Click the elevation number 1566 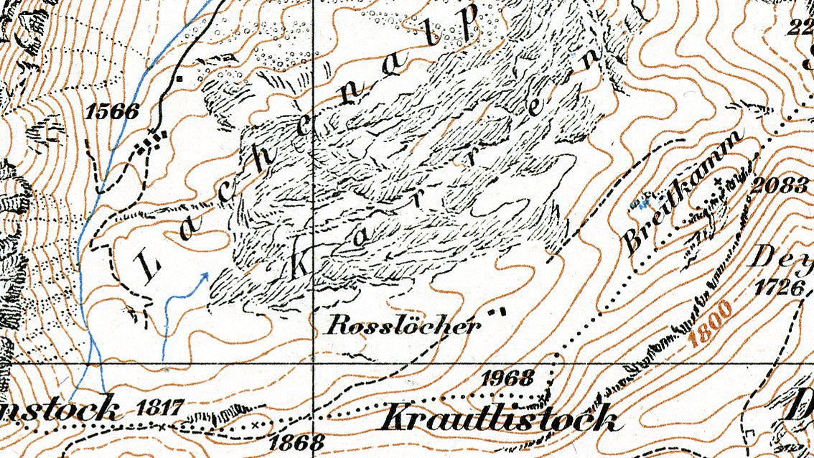(x=112, y=111)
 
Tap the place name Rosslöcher (x=403, y=326)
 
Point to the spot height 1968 (x=508, y=378)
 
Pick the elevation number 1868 (x=292, y=440)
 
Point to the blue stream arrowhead (x=206, y=275)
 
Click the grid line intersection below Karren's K (x=314, y=363)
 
